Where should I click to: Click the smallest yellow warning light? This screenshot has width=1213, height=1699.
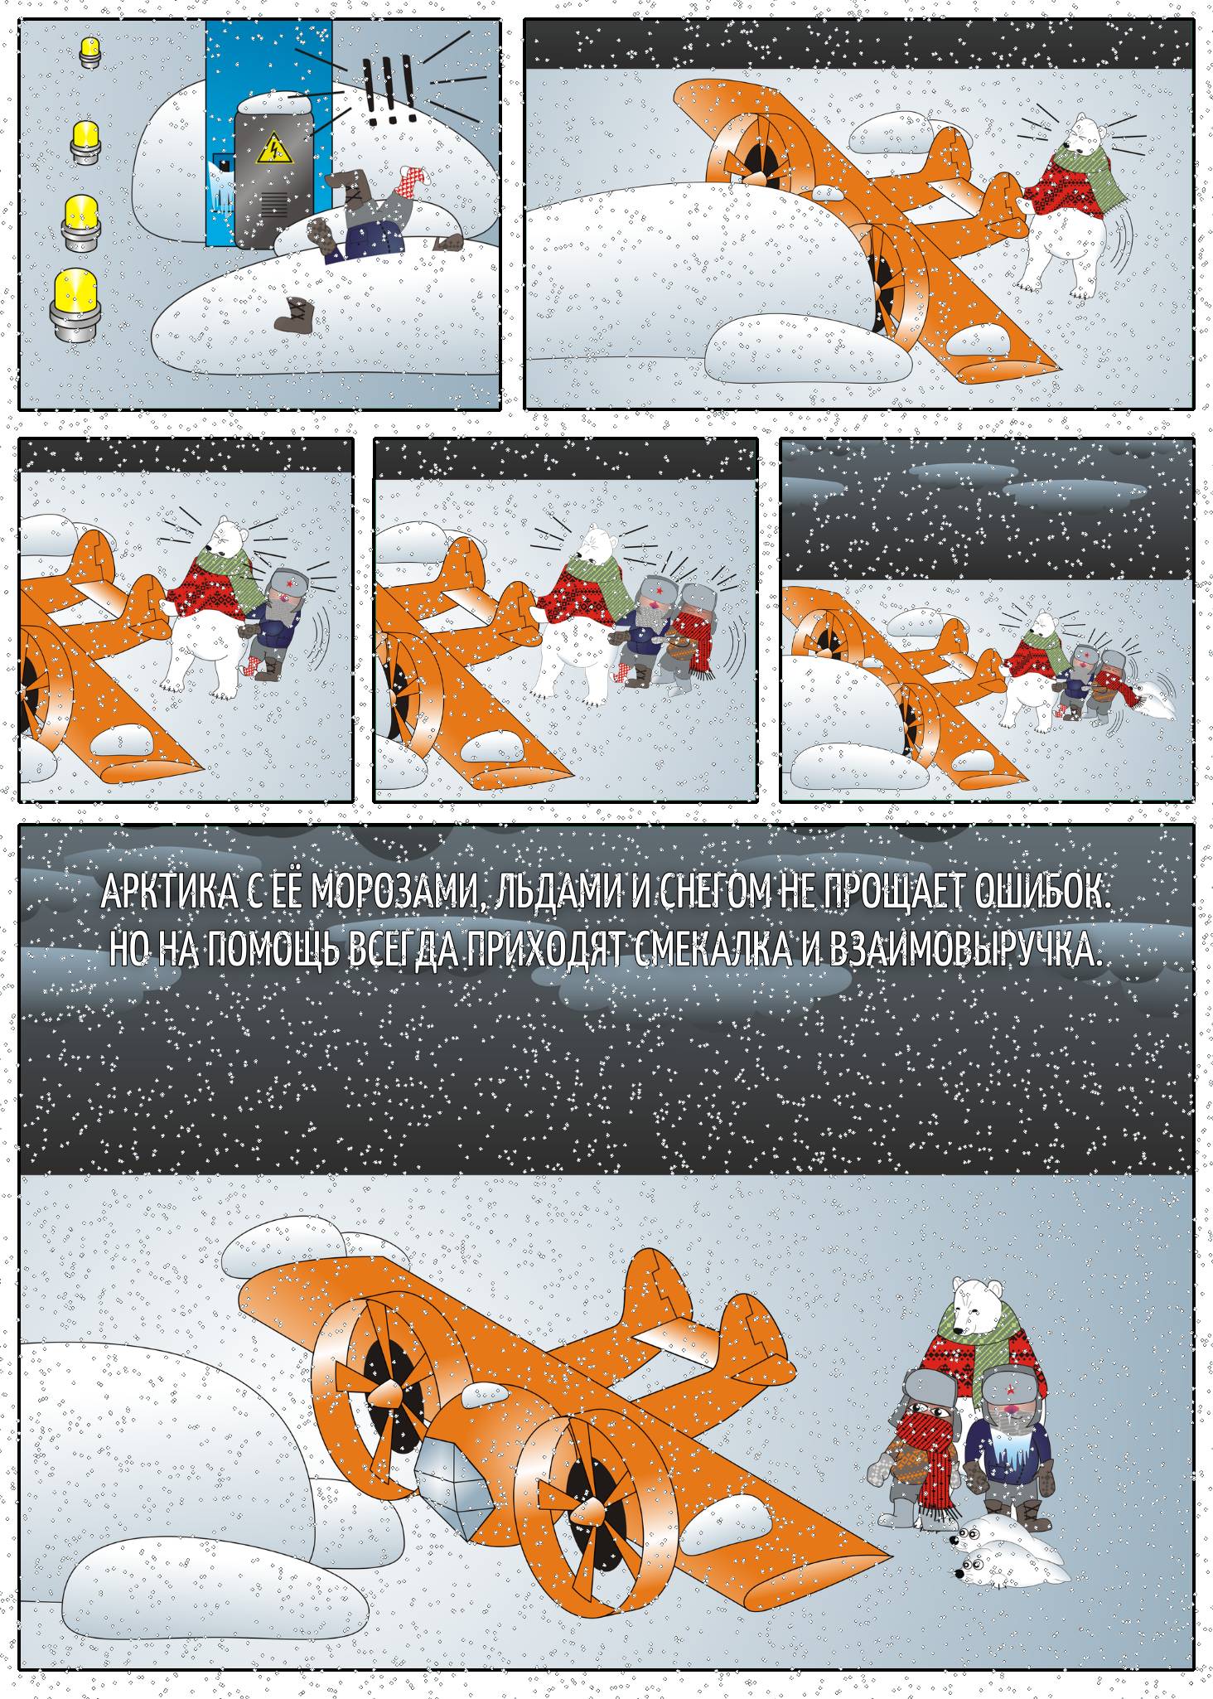coord(89,51)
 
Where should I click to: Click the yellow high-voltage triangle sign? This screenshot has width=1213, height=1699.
coord(272,149)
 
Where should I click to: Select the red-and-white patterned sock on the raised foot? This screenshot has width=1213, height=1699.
coord(413,176)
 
